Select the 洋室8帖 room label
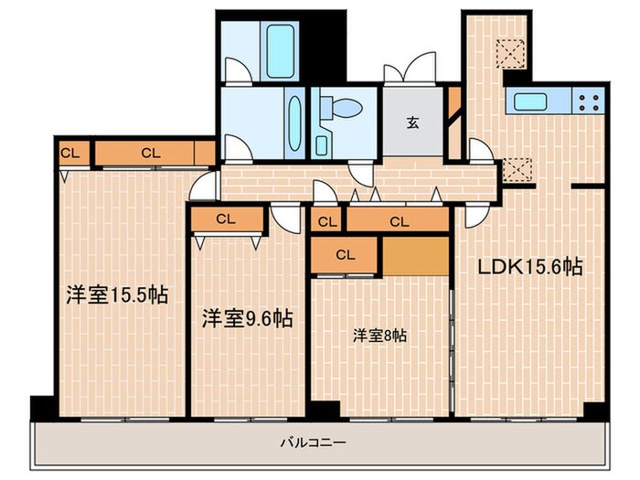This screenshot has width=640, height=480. coord(380,336)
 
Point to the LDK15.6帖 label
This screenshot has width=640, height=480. coord(531,267)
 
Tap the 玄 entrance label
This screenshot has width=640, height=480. coord(413,123)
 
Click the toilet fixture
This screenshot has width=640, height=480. coord(343,109)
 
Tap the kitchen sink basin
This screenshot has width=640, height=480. coord(529,101)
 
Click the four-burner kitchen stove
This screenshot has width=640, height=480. coord(588,101)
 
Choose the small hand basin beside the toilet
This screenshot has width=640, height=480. coord(323,144)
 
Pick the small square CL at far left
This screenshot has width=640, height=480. coord(69,154)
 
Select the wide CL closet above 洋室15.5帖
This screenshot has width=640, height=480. coord(152,154)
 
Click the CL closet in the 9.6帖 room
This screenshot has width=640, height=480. coord(227,219)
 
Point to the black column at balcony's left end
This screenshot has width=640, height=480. coord(42,408)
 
